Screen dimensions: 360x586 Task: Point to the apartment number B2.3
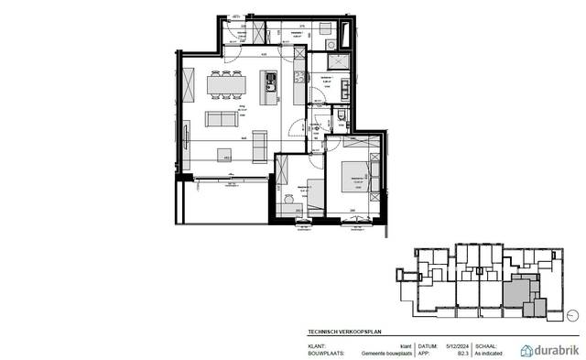(x=450, y=352)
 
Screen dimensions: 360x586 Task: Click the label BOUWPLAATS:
(x=326, y=352)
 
